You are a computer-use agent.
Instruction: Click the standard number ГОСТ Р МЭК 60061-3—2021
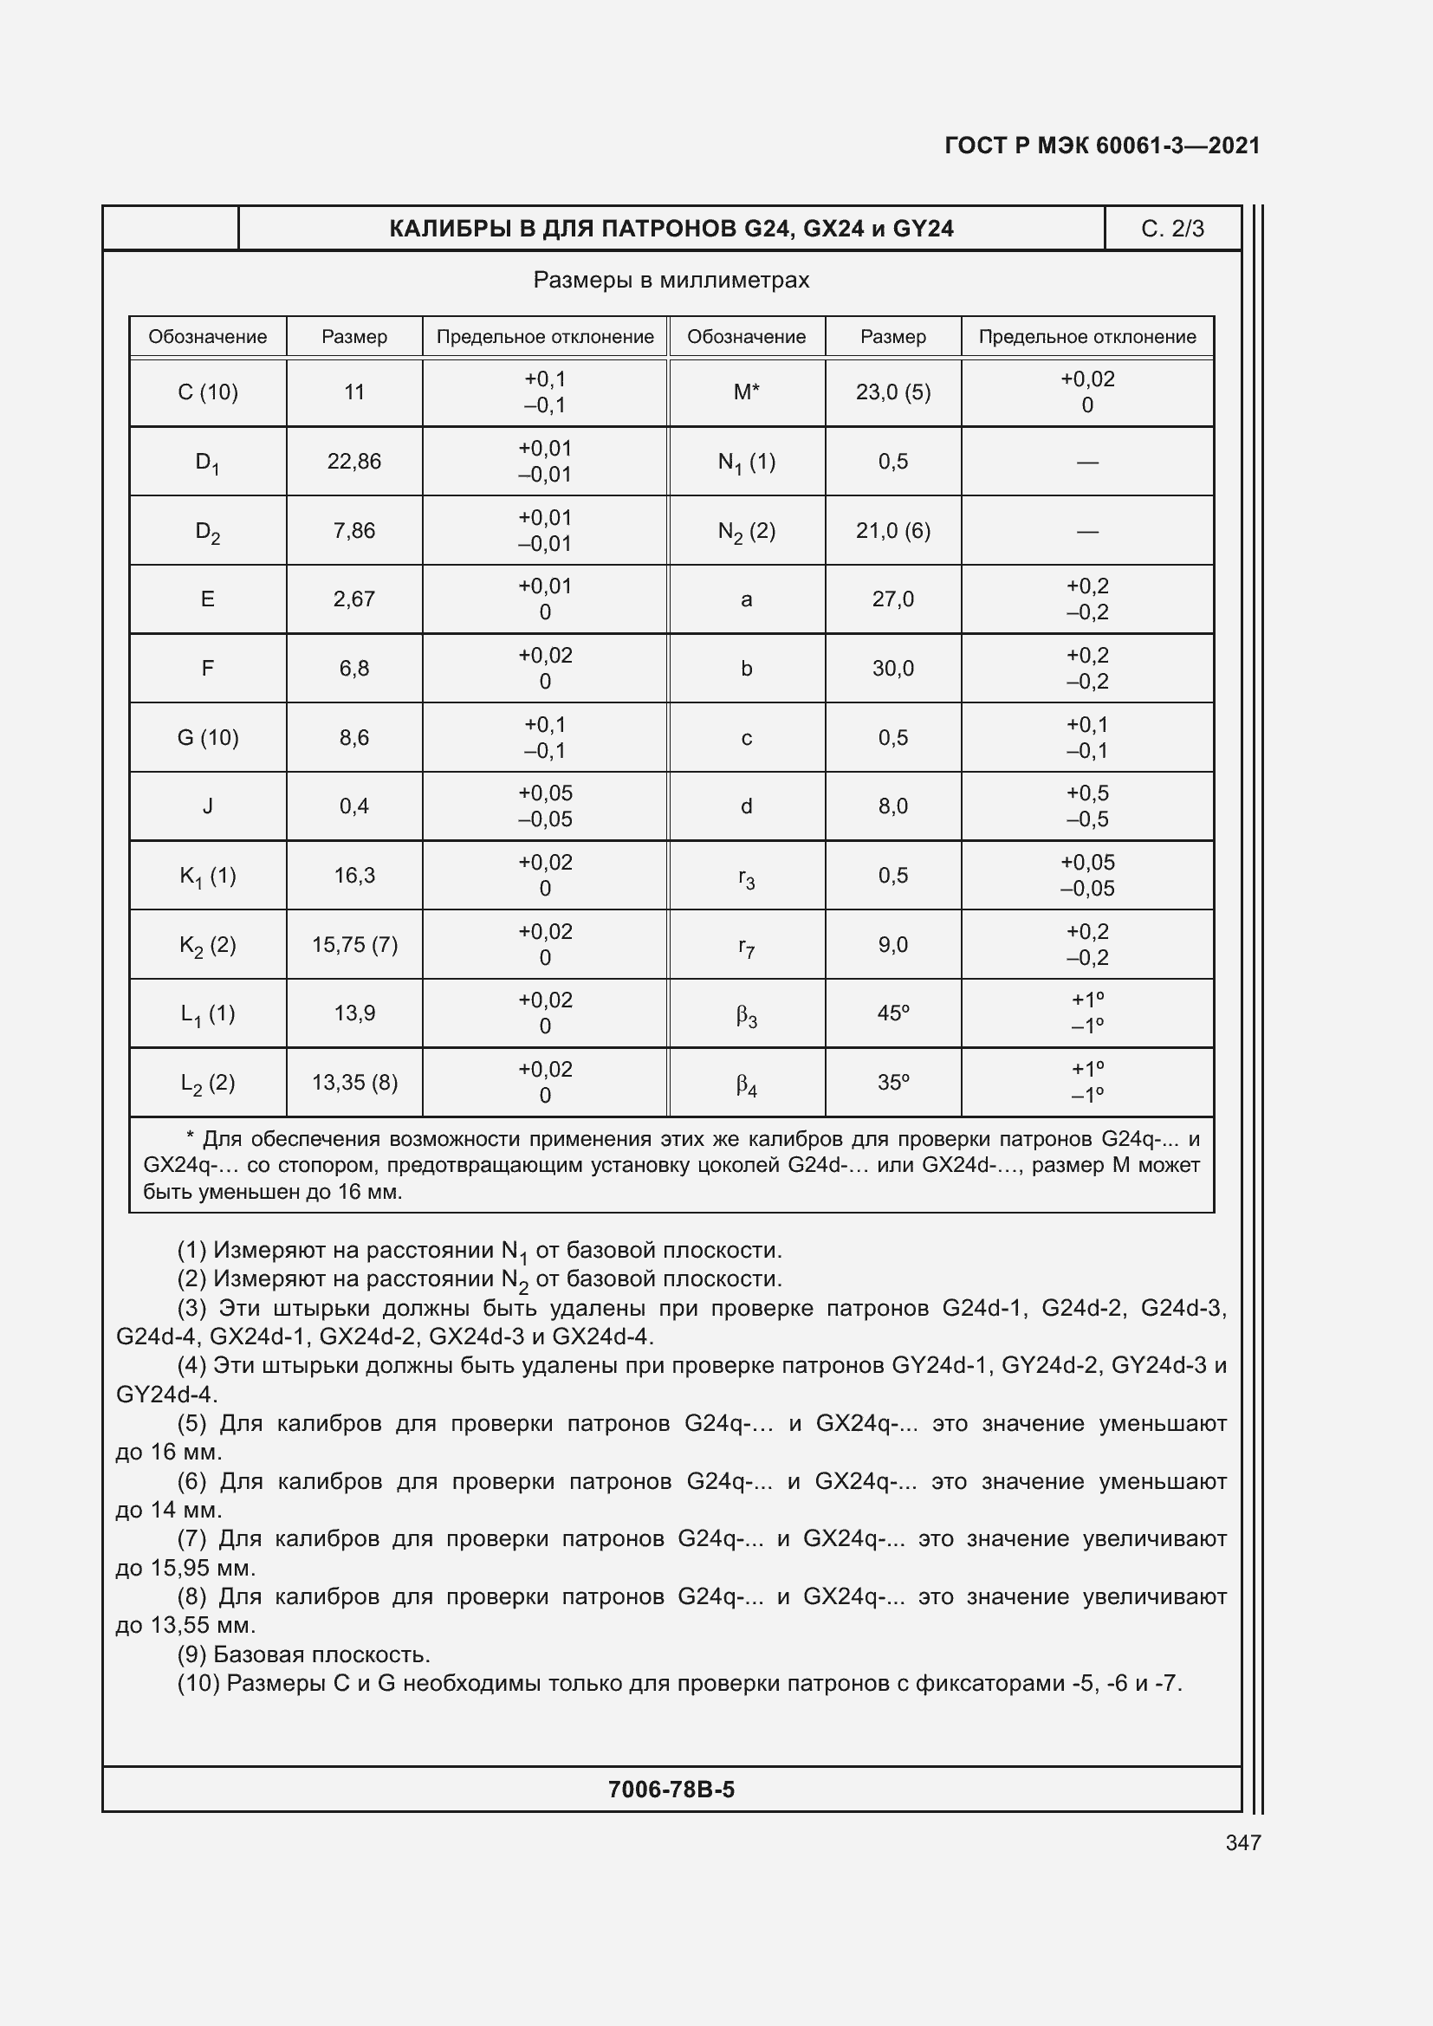click(1101, 146)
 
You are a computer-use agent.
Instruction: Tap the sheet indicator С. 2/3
click(1172, 229)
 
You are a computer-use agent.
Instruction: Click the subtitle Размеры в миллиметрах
click(671, 280)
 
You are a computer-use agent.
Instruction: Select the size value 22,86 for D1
click(353, 462)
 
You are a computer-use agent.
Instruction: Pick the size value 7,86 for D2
click(353, 530)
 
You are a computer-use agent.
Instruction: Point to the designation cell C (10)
click(207, 392)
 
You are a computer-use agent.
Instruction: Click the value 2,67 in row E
click(353, 599)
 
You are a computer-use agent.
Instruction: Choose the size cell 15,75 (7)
click(353, 945)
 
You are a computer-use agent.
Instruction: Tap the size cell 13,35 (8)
click(353, 1082)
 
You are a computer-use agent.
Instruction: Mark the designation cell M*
click(747, 392)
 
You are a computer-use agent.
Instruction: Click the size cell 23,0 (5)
click(893, 392)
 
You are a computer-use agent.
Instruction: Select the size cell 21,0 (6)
click(893, 530)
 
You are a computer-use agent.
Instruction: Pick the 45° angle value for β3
click(893, 1013)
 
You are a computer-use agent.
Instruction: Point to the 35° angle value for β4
click(893, 1082)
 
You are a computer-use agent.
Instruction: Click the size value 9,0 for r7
click(893, 945)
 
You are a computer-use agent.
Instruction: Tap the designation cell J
click(207, 806)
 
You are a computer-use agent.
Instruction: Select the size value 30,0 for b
click(893, 669)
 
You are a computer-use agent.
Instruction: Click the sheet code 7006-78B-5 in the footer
click(671, 1790)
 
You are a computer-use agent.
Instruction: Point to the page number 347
click(1242, 1842)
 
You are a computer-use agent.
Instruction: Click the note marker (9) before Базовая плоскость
click(192, 1654)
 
